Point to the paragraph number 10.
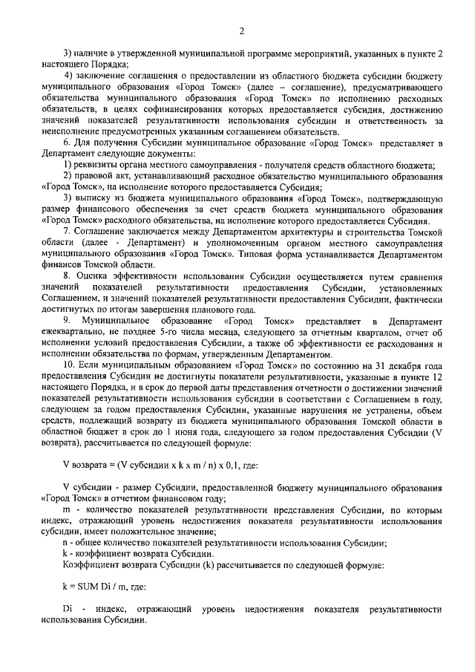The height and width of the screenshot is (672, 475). pos(69,365)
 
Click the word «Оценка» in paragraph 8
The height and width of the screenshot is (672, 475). pos(91,275)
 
